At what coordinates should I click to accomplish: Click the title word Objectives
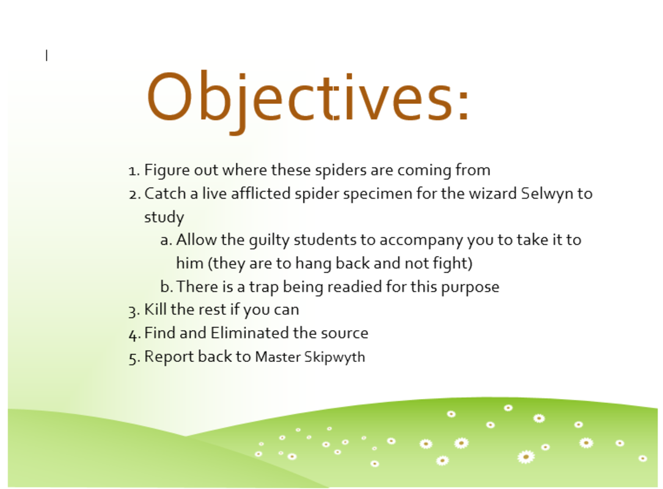pyautogui.click(x=308, y=101)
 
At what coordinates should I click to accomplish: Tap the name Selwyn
pyautogui.click(x=546, y=194)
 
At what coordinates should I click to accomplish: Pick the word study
pyautogui.click(x=164, y=218)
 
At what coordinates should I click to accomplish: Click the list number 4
pyautogui.click(x=134, y=335)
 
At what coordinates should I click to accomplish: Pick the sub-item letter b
pyautogui.click(x=166, y=287)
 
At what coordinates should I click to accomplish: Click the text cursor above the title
pyautogui.click(x=46, y=56)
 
